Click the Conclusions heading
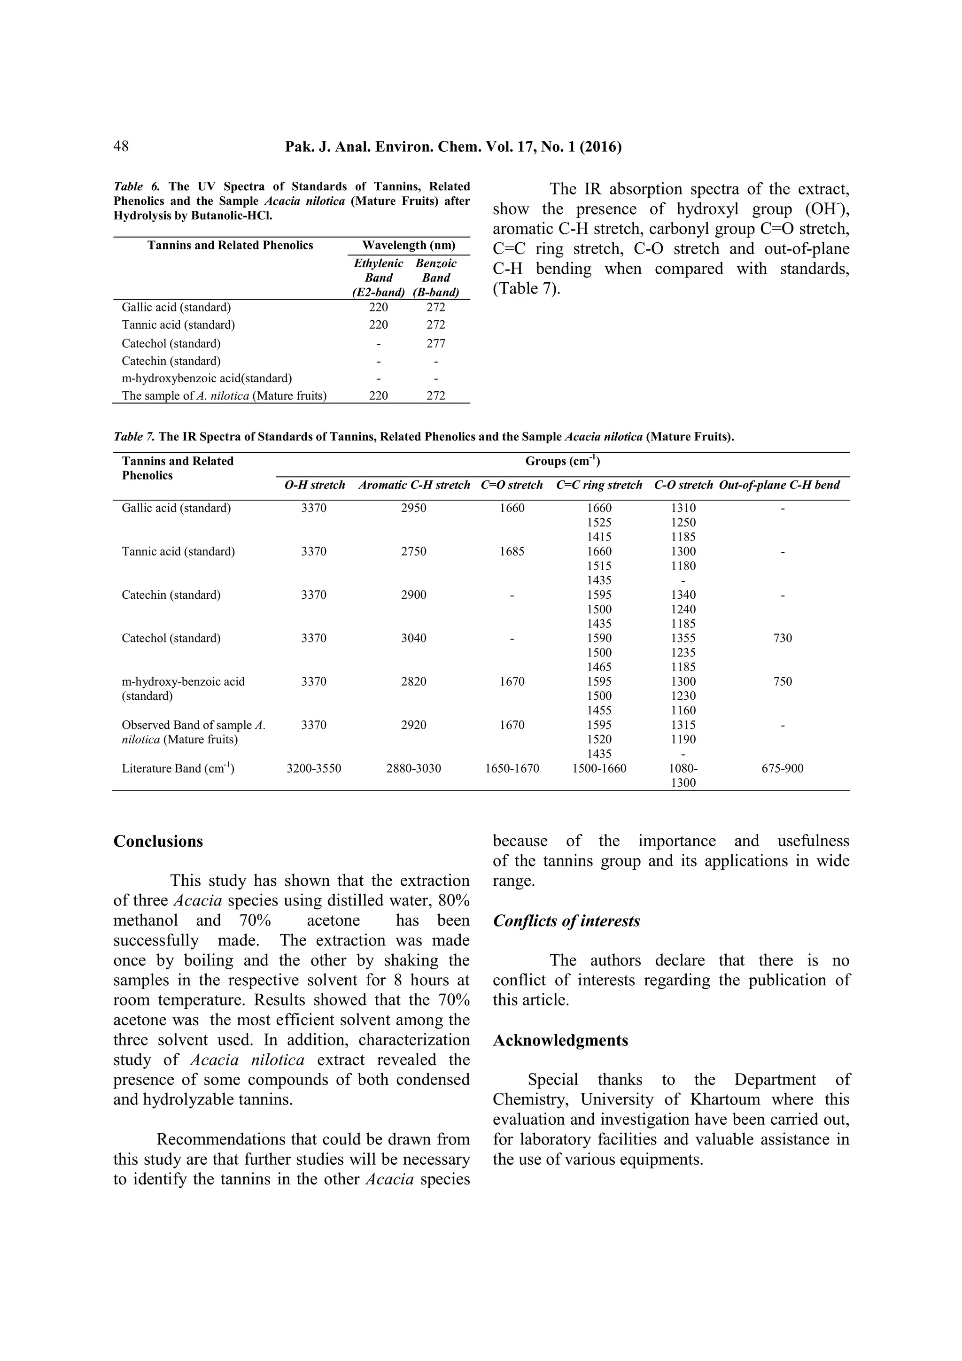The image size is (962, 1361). click(x=158, y=842)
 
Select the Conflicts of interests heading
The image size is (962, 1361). click(x=566, y=921)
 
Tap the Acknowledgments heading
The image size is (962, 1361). click(x=560, y=1040)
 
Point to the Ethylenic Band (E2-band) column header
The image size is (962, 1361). click(x=378, y=278)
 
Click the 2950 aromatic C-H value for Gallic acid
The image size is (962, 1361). click(x=413, y=508)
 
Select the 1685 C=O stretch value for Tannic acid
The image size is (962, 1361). click(x=512, y=551)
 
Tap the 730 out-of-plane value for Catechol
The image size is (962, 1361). click(x=783, y=638)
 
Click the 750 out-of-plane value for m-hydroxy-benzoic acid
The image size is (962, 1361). click(x=783, y=682)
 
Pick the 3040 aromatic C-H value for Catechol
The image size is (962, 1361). click(x=413, y=638)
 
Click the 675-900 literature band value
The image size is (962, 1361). click(x=783, y=769)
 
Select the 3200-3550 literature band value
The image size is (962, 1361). click(x=314, y=769)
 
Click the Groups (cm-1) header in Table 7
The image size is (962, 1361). click(x=563, y=461)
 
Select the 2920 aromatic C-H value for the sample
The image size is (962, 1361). click(x=413, y=725)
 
